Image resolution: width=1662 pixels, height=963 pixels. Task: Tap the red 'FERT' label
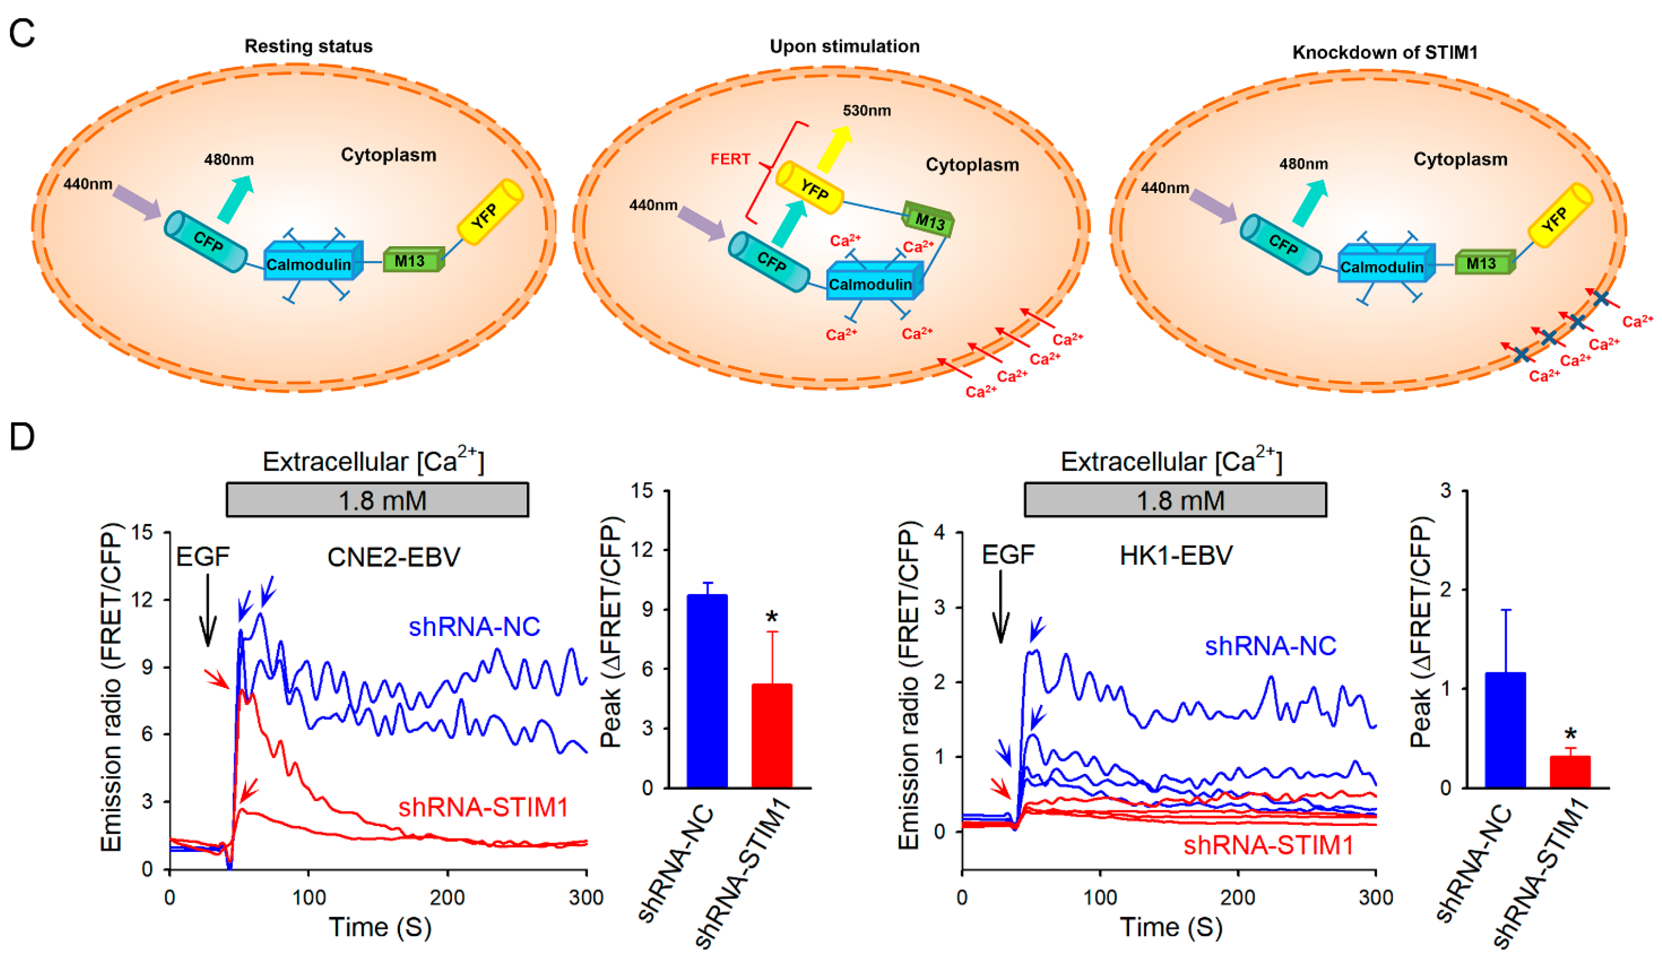[x=730, y=159]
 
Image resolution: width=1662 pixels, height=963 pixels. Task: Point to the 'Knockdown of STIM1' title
[x=1384, y=52]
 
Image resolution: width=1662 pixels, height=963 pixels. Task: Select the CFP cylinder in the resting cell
[x=205, y=241]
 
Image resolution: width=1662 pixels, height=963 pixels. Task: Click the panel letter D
[x=22, y=436]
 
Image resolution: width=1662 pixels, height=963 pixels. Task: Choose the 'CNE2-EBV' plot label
[x=394, y=558]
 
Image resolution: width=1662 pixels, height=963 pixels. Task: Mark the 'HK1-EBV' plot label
[x=1176, y=556]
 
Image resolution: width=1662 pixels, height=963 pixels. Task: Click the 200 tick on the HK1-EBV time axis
[x=1238, y=897]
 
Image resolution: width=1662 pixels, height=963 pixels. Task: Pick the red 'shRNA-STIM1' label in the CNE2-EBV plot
[x=483, y=807]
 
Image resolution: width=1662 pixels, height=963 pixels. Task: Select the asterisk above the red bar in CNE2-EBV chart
[x=772, y=618]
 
